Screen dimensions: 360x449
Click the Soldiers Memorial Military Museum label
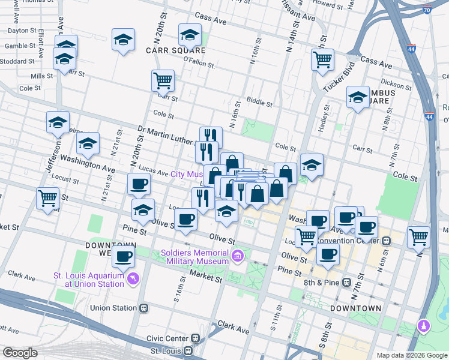point(195,256)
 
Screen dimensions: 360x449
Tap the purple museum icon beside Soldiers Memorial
point(238,257)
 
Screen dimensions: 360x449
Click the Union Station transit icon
point(144,308)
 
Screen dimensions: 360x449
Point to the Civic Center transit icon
point(196,338)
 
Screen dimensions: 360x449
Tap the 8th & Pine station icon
point(346,282)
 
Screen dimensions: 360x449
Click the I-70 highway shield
point(426,10)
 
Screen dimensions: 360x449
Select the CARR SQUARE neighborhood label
point(169,50)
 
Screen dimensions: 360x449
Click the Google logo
point(20,353)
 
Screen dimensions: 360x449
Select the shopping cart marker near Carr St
point(163,80)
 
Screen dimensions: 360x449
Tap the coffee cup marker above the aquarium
point(124,257)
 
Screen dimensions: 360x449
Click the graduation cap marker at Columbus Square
point(358,97)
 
